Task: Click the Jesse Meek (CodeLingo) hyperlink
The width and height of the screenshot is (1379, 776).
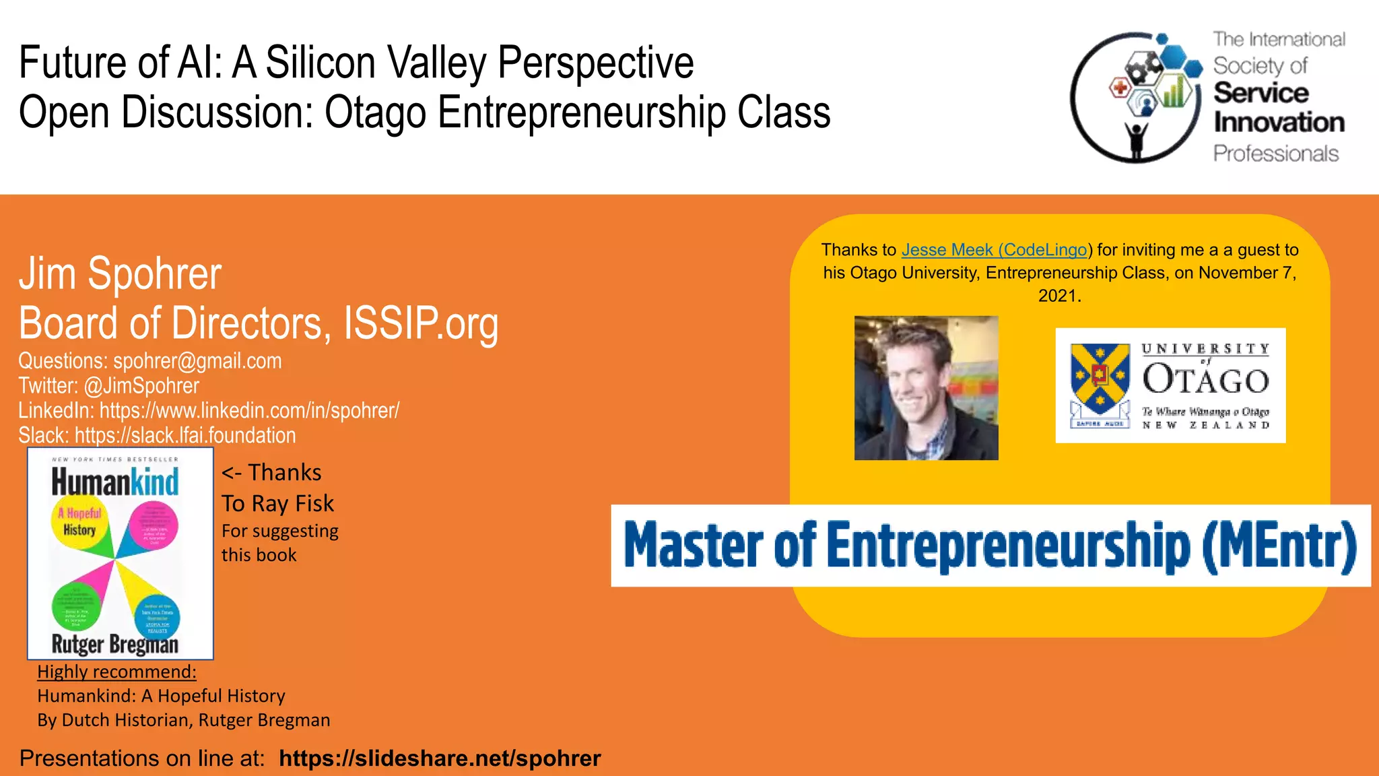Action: (995, 250)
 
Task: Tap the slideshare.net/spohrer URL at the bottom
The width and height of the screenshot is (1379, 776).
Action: (439, 758)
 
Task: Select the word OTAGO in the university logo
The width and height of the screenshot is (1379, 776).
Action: (1205, 381)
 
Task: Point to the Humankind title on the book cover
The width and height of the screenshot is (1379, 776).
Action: (115, 482)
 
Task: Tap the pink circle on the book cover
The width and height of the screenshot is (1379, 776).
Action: (154, 526)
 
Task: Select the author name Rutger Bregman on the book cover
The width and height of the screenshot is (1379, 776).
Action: (115, 644)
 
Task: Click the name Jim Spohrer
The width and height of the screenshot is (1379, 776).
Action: (120, 274)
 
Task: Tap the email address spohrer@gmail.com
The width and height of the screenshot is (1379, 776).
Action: (197, 361)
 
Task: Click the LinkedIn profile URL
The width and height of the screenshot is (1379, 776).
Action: (249, 410)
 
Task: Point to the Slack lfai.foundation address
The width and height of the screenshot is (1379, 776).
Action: (185, 435)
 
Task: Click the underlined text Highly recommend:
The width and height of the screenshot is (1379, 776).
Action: (116, 672)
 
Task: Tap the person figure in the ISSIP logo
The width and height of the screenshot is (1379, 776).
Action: (1136, 139)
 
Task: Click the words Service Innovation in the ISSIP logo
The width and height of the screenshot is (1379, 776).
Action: (1277, 108)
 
